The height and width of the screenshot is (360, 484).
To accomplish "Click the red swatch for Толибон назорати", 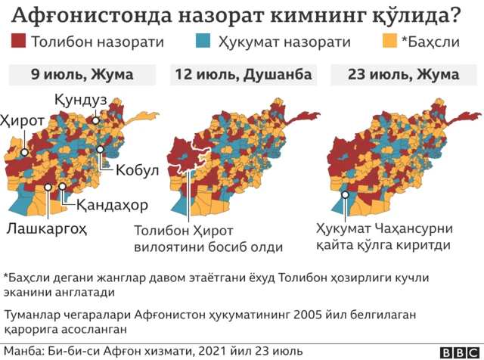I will click(x=19, y=42).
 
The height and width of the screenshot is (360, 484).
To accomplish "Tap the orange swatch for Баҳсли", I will click(x=389, y=42).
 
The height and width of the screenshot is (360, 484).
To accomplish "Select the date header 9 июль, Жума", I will click(x=82, y=75).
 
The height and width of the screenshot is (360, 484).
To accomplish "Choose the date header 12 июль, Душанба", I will click(x=242, y=75).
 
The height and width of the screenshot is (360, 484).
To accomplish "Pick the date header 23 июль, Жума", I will click(x=403, y=75).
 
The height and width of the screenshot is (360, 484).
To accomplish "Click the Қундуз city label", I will click(x=80, y=100).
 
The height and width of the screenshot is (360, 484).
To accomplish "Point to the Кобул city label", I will click(x=137, y=170).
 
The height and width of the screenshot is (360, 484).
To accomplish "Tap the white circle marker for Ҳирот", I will click(x=25, y=152).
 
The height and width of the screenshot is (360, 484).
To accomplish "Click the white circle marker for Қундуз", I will click(x=95, y=120).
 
